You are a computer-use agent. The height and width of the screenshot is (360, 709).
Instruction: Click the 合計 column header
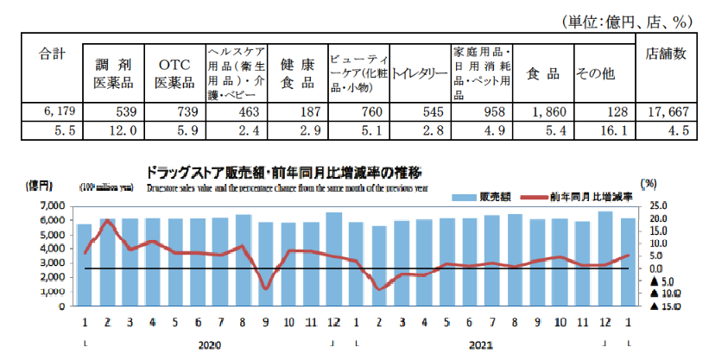pyautogui.click(x=53, y=54)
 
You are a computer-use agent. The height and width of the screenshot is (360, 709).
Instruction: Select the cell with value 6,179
pyautogui.click(x=49, y=111)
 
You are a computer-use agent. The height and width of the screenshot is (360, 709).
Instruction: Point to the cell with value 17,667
pyautogui.click(x=666, y=111)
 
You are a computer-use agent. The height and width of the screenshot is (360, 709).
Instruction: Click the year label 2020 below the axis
pyautogui.click(x=209, y=344)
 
